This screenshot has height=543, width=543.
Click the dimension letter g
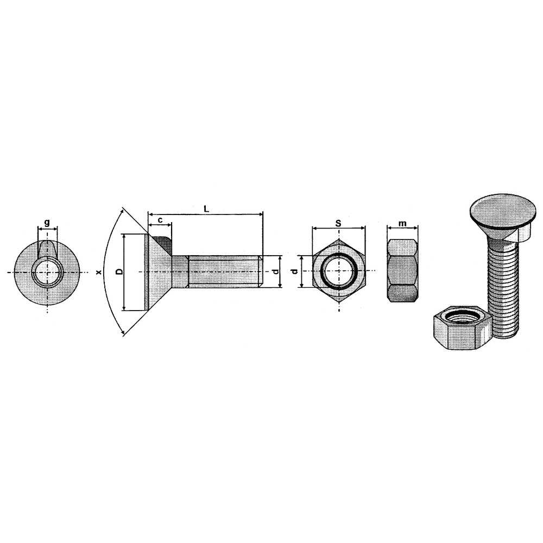coord(47,222)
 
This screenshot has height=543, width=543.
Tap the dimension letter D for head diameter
coord(118,271)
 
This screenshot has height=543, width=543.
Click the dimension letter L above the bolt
coord(206,208)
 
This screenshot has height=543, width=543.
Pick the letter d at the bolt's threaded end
coord(275,271)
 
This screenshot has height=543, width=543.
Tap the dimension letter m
coord(402,223)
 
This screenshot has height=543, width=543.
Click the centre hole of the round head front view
coord(47,271)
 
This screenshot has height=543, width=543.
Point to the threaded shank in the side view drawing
coord(223,271)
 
